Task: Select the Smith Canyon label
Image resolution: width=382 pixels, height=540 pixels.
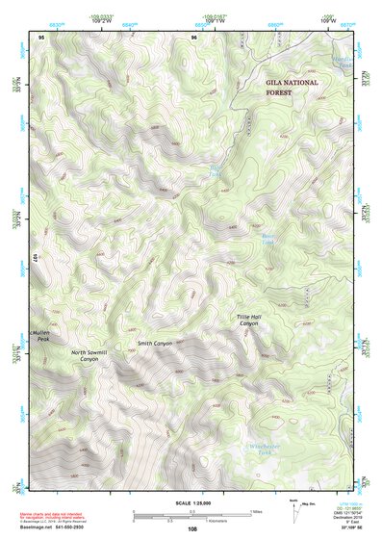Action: (x=154, y=343)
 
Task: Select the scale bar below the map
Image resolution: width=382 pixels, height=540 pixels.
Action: (x=191, y=512)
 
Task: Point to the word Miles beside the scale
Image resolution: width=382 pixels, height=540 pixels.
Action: (x=256, y=509)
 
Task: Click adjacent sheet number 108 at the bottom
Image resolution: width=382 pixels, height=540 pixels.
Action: (x=192, y=528)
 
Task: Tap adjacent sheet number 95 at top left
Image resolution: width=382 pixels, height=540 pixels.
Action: (x=41, y=37)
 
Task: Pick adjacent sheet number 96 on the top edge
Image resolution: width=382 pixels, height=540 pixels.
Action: (x=193, y=37)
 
